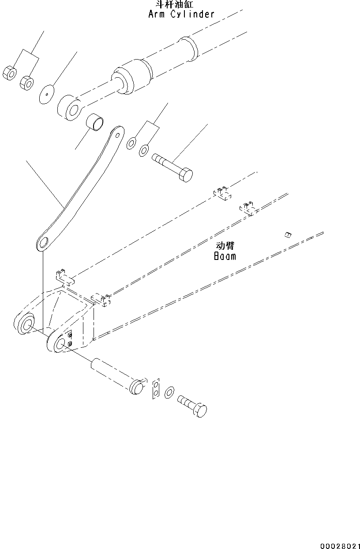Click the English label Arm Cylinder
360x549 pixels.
(181, 14)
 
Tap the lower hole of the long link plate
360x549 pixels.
(43, 243)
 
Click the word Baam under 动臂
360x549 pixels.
(225, 256)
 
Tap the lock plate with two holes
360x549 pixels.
(156, 388)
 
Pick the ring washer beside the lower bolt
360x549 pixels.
(169, 392)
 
